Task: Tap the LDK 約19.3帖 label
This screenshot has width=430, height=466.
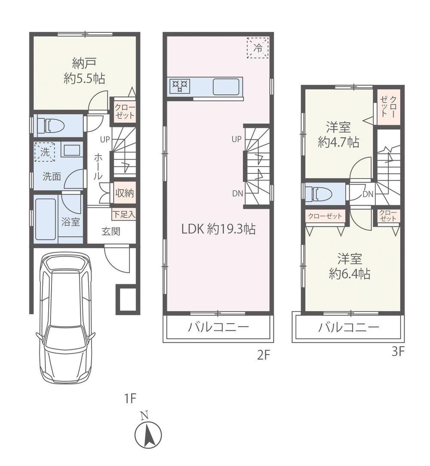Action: [x=218, y=229]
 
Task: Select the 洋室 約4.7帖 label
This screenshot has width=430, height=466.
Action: [x=338, y=135]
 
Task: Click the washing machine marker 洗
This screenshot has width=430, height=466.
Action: [x=45, y=151]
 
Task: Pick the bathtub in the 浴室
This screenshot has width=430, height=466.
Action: [x=46, y=218]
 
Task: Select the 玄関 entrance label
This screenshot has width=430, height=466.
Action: [x=111, y=231]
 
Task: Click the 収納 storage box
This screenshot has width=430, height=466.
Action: [x=124, y=193]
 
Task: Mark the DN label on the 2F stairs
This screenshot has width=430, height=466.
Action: [x=237, y=193]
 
